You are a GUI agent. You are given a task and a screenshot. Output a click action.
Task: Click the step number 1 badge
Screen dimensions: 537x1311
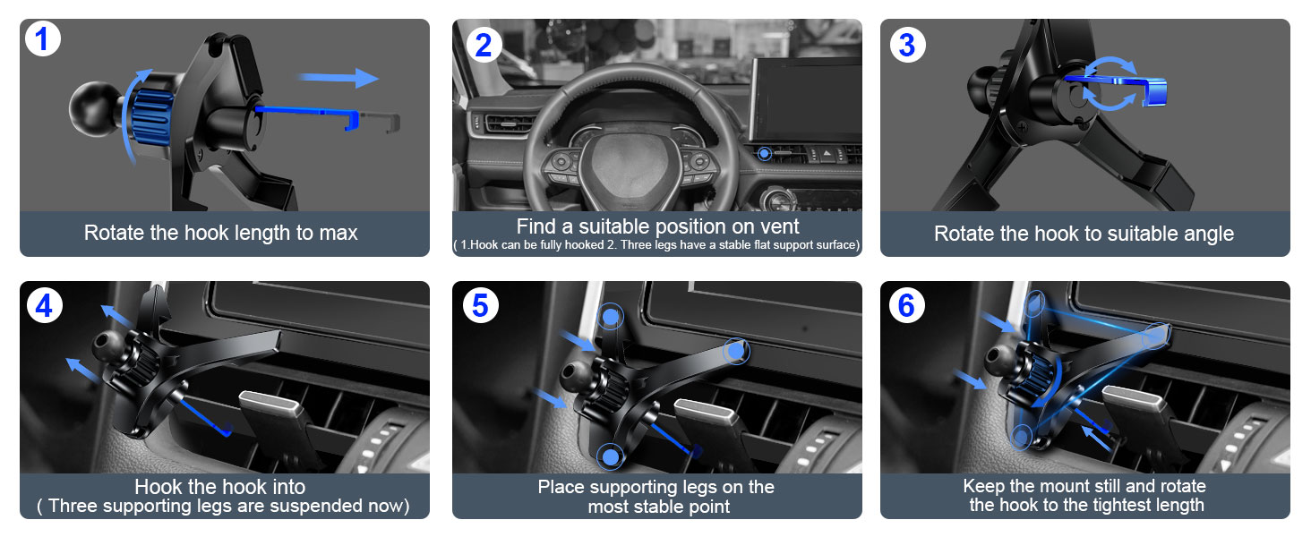(x=43, y=41)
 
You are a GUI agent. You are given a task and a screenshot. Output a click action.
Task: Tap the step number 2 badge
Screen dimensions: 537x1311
(x=483, y=44)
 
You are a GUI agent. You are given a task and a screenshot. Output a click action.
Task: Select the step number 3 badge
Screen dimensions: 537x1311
(x=906, y=44)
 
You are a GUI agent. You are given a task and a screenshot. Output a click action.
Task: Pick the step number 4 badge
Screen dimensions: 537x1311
(x=44, y=306)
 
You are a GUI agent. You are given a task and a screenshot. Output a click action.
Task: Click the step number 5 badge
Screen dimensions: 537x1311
(x=480, y=306)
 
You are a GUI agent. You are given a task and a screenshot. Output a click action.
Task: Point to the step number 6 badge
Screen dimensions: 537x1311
(x=906, y=306)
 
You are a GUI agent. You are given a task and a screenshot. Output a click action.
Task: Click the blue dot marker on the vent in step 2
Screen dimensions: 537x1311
(x=763, y=154)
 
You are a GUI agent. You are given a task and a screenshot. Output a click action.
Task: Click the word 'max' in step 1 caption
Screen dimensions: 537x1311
(x=338, y=234)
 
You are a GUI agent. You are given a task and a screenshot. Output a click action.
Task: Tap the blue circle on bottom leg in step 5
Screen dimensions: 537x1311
(x=611, y=457)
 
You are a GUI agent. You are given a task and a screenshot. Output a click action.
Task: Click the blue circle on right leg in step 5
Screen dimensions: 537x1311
(x=735, y=352)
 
